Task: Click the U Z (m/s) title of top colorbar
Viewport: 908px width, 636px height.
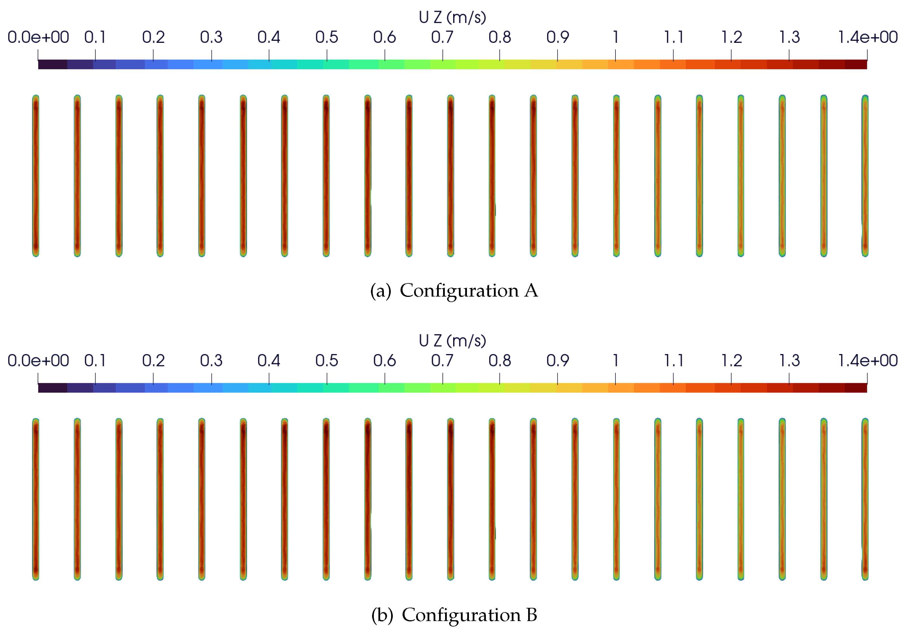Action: click(x=452, y=18)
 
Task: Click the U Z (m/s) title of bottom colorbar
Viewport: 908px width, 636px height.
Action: click(x=452, y=341)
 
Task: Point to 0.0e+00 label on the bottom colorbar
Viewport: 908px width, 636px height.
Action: click(x=39, y=361)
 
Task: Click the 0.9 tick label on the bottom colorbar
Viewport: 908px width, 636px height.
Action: click(x=558, y=361)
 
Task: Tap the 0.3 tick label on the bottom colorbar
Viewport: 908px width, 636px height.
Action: click(x=211, y=361)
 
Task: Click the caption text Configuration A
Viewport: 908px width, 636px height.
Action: click(x=469, y=291)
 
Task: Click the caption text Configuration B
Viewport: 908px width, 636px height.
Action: click(x=470, y=615)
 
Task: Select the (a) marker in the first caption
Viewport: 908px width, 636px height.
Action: click(x=380, y=291)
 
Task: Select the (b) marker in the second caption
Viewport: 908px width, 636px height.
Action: click(x=382, y=615)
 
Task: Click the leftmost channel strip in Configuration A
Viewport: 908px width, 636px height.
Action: click(x=36, y=176)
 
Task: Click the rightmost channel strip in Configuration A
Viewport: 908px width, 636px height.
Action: click(x=865, y=176)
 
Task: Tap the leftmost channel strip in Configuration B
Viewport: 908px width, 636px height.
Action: click(x=36, y=499)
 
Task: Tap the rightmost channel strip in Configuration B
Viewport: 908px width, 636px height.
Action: click(x=865, y=499)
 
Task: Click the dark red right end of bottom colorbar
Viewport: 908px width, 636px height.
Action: click(x=857, y=388)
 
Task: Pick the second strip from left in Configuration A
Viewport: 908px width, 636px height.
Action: click(x=77, y=176)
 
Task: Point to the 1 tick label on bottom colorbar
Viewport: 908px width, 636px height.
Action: click(x=615, y=361)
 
